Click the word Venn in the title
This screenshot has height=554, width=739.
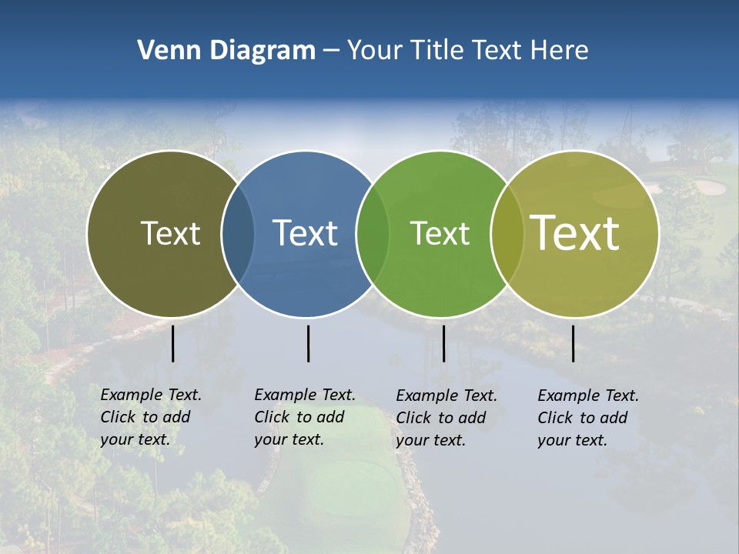pyautogui.click(x=167, y=51)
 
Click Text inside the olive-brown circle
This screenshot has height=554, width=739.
pyautogui.click(x=170, y=233)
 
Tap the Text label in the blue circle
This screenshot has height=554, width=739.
pyautogui.click(x=306, y=233)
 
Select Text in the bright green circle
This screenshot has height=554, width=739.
pyautogui.click(x=440, y=233)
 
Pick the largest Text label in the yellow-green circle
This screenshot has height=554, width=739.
pyautogui.click(x=575, y=233)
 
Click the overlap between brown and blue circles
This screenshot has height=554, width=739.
pyautogui.click(x=238, y=233)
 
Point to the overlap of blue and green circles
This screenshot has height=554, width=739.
pyautogui.click(x=373, y=233)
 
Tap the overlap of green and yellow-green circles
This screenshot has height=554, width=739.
pyautogui.click(x=507, y=233)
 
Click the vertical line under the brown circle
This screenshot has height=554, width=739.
pyautogui.click(x=173, y=343)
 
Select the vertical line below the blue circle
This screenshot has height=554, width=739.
pyautogui.click(x=308, y=343)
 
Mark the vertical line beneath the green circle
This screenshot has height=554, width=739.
pyautogui.click(x=443, y=343)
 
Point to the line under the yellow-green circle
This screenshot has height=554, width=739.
pyautogui.click(x=573, y=343)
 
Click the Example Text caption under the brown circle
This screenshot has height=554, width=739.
pyautogui.click(x=150, y=417)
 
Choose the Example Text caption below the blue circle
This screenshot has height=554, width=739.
pyautogui.click(x=304, y=417)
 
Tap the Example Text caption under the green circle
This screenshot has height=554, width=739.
pyautogui.click(x=446, y=418)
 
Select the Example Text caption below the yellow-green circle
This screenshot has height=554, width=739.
pyautogui.click(x=587, y=418)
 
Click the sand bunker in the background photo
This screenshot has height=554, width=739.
pyautogui.click(x=710, y=187)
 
